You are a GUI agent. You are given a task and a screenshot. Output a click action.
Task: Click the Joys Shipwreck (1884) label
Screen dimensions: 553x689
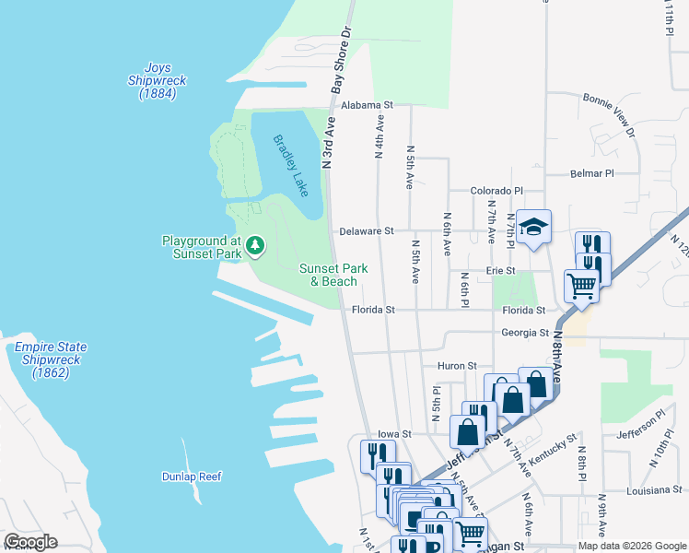click(x=157, y=81)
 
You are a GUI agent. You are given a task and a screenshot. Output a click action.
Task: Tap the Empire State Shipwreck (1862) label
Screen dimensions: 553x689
click(x=51, y=360)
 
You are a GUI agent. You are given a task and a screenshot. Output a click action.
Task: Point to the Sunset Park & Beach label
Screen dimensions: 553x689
click(x=333, y=275)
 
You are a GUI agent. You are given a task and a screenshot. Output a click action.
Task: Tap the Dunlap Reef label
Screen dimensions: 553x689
click(x=193, y=477)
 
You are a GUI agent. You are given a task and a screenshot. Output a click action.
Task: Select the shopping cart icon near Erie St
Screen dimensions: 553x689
click(x=581, y=288)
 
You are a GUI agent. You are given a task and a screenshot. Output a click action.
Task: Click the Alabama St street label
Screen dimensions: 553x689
click(x=367, y=106)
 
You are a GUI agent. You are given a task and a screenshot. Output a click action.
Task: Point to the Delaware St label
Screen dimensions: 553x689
click(x=366, y=230)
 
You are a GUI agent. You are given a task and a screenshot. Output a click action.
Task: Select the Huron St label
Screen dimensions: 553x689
click(x=456, y=366)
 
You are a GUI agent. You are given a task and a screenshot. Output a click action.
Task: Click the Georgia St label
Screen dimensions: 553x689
click(x=525, y=333)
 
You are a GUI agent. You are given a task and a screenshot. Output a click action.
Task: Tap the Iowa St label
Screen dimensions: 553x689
click(x=393, y=432)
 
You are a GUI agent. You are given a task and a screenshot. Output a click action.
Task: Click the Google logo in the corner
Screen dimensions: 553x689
click(x=30, y=542)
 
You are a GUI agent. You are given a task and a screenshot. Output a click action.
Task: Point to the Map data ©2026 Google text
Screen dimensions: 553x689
click(x=632, y=546)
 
